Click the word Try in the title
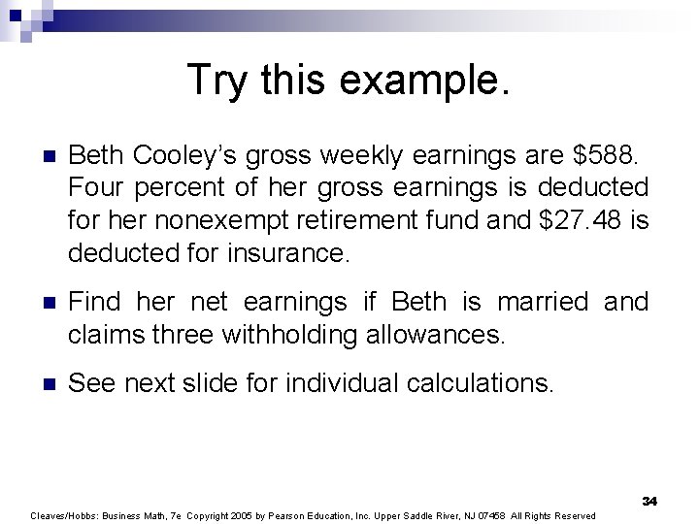pos(216,80)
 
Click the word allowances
pos(435,336)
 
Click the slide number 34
pos(649,501)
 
